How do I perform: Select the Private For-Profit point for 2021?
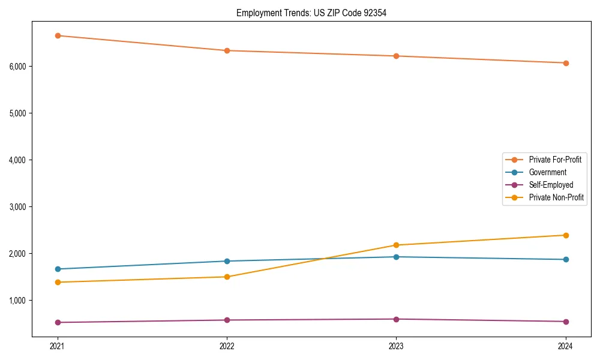pos(58,35)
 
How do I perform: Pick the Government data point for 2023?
pos(396,257)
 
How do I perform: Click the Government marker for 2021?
pos(58,269)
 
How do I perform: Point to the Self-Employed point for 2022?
pos(227,320)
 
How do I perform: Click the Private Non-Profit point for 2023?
pos(396,245)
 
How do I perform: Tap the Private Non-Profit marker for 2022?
pos(227,277)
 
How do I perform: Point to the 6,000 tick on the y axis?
pos(18,66)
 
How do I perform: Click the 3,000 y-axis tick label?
pos(18,206)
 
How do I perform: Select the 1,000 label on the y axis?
pos(18,300)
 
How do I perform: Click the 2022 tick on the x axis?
pos(227,346)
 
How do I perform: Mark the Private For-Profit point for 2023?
pos(396,56)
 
